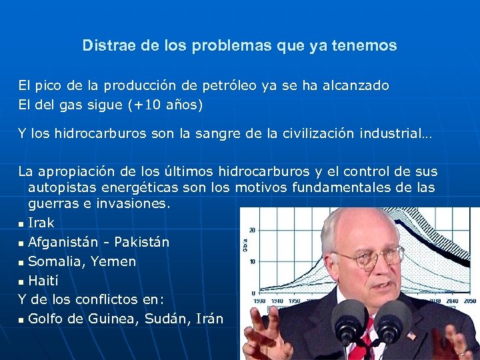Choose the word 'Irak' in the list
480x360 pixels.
pos(41,223)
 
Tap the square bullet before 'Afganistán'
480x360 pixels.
pos(22,243)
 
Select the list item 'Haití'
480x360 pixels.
pos(43,281)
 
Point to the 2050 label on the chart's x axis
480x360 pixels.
pos(471,301)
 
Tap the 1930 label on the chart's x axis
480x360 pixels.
pos(259,301)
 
